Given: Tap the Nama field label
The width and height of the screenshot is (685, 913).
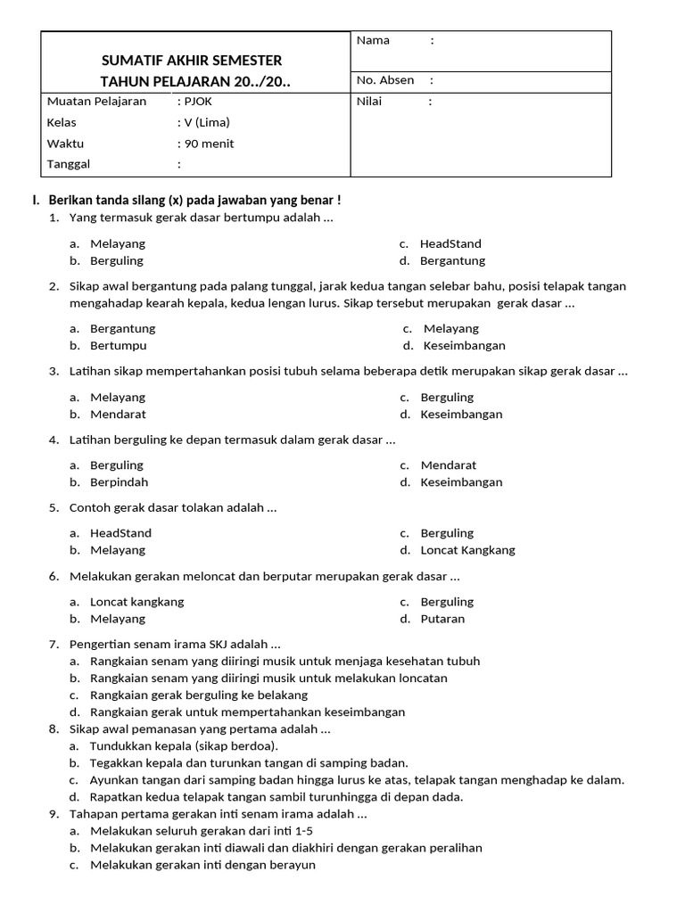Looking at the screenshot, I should [x=373, y=40].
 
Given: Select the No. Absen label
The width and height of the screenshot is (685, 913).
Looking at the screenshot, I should [x=385, y=80].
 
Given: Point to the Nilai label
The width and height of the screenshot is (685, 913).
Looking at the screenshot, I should [x=369, y=102].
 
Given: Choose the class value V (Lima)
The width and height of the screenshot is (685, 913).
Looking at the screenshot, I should [x=206, y=122].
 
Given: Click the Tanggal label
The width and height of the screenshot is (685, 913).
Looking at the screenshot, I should [x=69, y=164].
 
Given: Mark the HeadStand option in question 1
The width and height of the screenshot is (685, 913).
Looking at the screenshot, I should [x=450, y=243].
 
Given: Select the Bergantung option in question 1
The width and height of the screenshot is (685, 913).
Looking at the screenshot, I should [x=452, y=261].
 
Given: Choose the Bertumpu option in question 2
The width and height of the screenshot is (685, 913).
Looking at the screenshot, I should [x=118, y=346].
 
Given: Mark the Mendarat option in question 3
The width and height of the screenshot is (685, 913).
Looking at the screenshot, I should [x=118, y=415].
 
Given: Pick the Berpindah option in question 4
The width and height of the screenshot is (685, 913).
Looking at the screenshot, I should [x=119, y=482].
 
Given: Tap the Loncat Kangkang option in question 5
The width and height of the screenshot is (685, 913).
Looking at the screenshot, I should [x=467, y=551].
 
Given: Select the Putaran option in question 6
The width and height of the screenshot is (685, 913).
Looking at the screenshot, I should [x=442, y=619].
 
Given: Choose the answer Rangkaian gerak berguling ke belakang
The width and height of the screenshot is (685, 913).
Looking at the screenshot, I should [x=198, y=695].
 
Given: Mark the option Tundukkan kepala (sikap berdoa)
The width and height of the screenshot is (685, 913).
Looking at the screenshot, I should [x=184, y=746].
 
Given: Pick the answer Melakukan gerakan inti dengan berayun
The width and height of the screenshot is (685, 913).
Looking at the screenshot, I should [x=202, y=865].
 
